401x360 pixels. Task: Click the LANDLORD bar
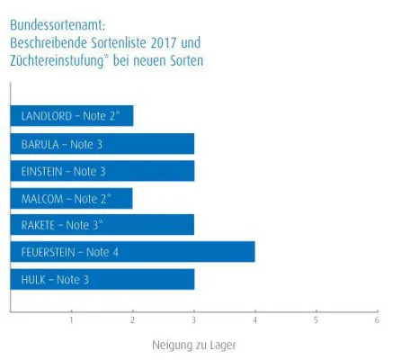[x=72, y=116]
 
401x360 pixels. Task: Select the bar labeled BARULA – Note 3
[x=102, y=144]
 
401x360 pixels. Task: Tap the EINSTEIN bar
[x=102, y=171]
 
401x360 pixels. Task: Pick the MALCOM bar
[x=72, y=198]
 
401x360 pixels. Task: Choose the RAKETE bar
[x=102, y=225]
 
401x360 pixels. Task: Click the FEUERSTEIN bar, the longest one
[x=132, y=252]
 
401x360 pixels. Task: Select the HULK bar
[x=102, y=279]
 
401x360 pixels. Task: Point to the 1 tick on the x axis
[x=71, y=319]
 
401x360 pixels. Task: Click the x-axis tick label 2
[x=132, y=319]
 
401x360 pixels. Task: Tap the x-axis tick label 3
[x=193, y=319]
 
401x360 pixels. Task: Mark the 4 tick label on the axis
[x=254, y=319]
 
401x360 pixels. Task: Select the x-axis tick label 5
[x=316, y=319]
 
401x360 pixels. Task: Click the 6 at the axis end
[x=377, y=319]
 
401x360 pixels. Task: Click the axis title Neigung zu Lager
[x=193, y=344]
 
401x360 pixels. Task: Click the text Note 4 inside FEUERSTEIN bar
[x=102, y=252]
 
